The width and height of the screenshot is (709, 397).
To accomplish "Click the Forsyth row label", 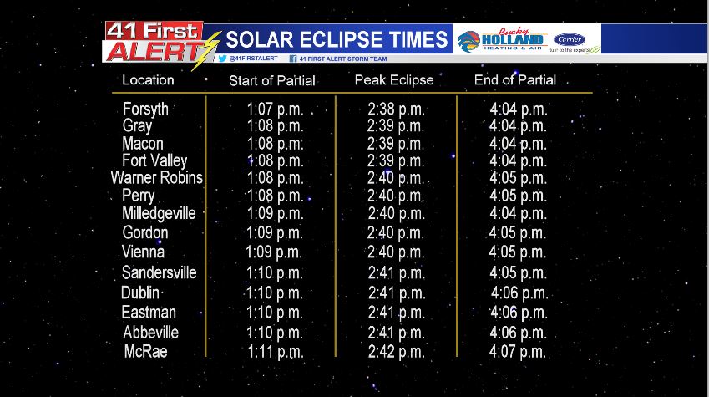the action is tap(145, 109).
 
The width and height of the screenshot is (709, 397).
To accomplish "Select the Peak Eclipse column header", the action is tap(394, 80).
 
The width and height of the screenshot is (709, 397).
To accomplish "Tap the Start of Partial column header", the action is tap(271, 80).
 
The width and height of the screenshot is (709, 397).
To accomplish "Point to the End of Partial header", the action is tap(515, 80).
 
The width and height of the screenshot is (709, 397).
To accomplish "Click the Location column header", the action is tap(148, 80).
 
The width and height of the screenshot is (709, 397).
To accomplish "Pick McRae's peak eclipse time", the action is tap(396, 352).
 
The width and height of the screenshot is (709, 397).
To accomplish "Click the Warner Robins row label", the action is tap(157, 177).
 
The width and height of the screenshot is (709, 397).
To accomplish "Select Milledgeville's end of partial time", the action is tap(519, 213).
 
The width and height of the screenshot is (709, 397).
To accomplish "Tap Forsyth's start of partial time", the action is tap(275, 109).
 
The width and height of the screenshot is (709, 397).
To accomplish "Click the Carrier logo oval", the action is tap(570, 39).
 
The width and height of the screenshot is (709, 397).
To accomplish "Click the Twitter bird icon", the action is tap(222, 59).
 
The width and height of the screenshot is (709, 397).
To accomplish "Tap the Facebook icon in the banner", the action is tap(293, 59).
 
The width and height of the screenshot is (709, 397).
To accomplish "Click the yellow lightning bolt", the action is tap(206, 51).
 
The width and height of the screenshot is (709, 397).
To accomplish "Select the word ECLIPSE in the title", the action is tap(337, 40).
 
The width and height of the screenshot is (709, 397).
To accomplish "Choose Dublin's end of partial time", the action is tap(519, 293).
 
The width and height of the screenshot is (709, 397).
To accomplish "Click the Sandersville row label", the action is tap(160, 272).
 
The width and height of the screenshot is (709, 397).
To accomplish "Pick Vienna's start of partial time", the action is tap(274, 252).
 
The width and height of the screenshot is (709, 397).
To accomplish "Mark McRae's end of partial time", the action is tap(518, 352).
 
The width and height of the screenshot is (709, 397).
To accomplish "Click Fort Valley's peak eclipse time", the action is tap(396, 160).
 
